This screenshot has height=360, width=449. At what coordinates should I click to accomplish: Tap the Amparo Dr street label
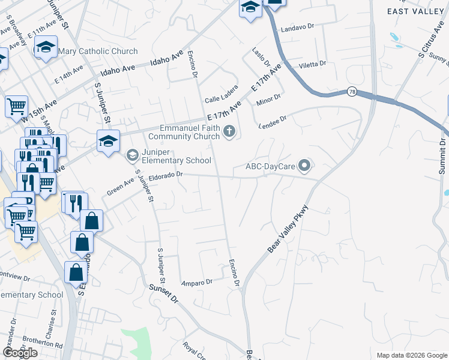click(197, 281)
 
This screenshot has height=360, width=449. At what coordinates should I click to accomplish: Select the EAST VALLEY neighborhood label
click(415, 11)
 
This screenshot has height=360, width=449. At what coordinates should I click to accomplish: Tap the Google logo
click(20, 353)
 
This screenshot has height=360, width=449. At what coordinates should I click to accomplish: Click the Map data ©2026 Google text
click(411, 355)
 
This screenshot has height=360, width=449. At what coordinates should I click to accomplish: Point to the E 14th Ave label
click(68, 74)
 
